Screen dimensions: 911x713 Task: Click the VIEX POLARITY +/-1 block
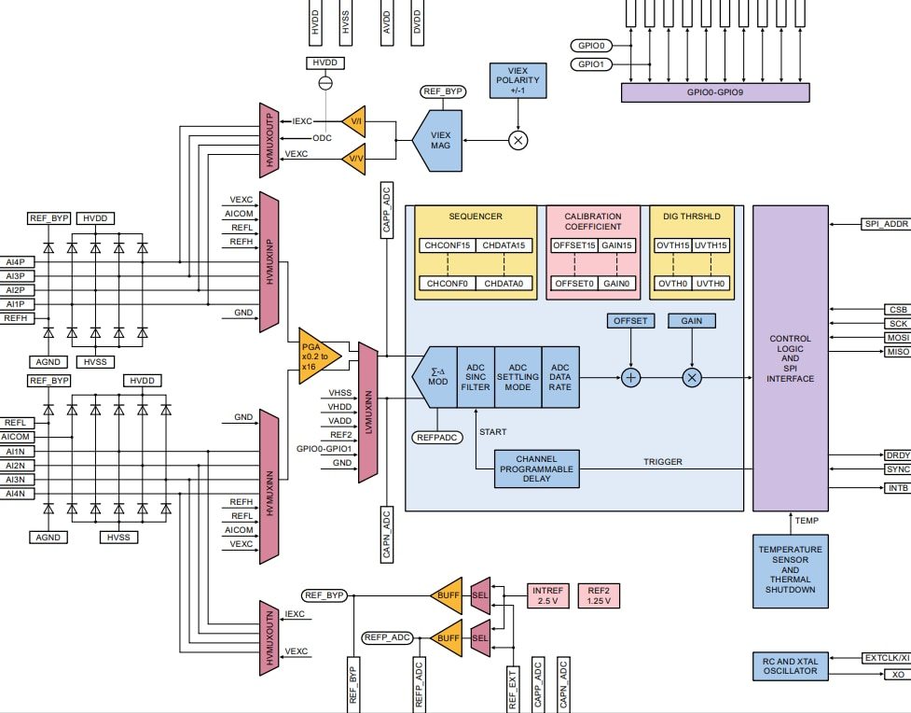(x=518, y=81)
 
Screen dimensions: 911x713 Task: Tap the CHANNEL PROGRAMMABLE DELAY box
(x=535, y=468)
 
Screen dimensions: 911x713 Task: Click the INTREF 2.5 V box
(x=546, y=595)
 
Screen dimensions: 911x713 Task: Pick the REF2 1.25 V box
(x=598, y=595)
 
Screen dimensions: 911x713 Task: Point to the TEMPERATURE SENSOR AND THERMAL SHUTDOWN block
(x=790, y=569)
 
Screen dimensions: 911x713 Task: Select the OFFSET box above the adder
(x=630, y=320)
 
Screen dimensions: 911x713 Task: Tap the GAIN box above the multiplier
(x=691, y=320)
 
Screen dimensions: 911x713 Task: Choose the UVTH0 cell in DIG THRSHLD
(x=710, y=283)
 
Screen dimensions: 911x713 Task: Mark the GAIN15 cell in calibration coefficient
(x=617, y=245)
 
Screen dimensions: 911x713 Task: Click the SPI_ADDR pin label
(x=884, y=225)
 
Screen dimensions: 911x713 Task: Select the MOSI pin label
(x=896, y=337)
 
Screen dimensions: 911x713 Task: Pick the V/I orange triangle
(x=354, y=121)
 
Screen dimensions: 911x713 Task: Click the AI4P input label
(x=15, y=262)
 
